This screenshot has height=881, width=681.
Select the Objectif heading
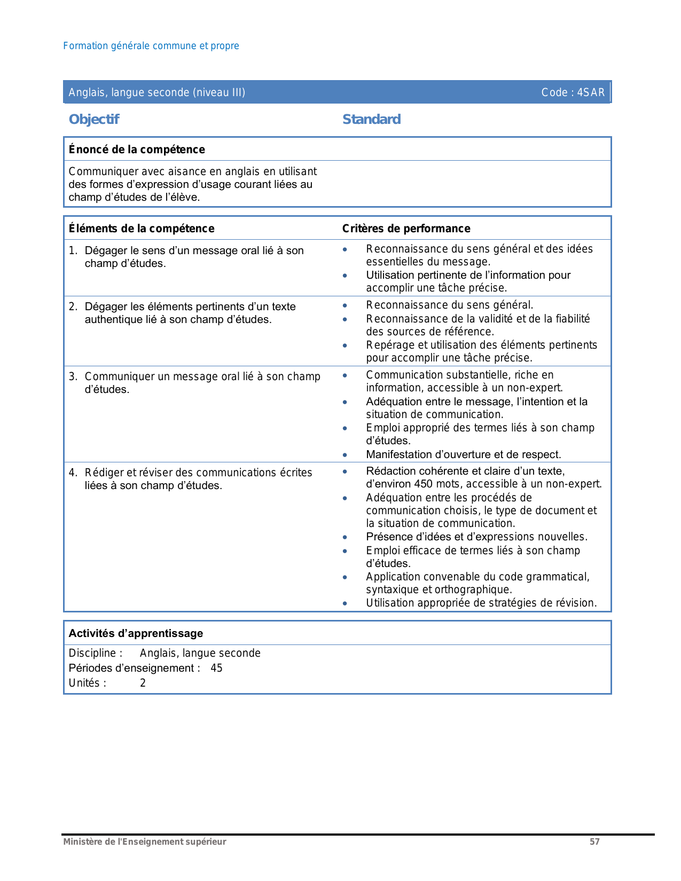tap(94, 119)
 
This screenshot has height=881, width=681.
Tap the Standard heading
tap(371, 119)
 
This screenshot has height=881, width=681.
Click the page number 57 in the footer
tap(594, 841)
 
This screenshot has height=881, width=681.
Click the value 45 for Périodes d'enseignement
tap(216, 668)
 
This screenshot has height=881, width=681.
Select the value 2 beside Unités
tap(143, 683)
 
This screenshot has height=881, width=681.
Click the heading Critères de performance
tap(406, 229)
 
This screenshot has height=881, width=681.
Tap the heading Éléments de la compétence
tap(142, 229)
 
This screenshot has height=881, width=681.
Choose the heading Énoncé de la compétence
tap(137, 150)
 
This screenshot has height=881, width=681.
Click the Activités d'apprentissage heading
tap(136, 633)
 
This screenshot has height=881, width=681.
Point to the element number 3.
tap(73, 377)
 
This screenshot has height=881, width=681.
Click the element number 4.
tap(73, 473)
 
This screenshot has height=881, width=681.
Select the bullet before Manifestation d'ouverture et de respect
tap(345, 455)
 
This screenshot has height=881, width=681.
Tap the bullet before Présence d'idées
tap(345, 537)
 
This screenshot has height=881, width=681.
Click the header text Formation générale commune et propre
tap(151, 46)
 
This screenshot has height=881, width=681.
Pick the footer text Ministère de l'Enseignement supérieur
tap(145, 841)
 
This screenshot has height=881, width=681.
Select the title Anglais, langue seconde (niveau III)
tap(157, 92)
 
